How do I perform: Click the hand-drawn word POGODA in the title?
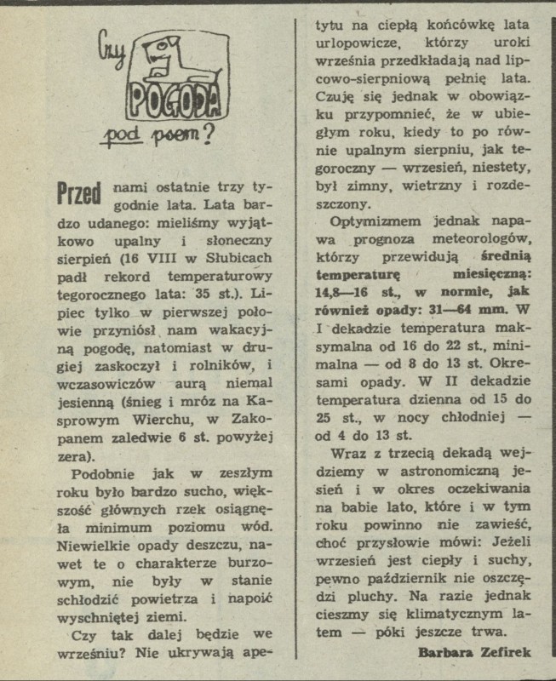[x=173, y=101]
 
